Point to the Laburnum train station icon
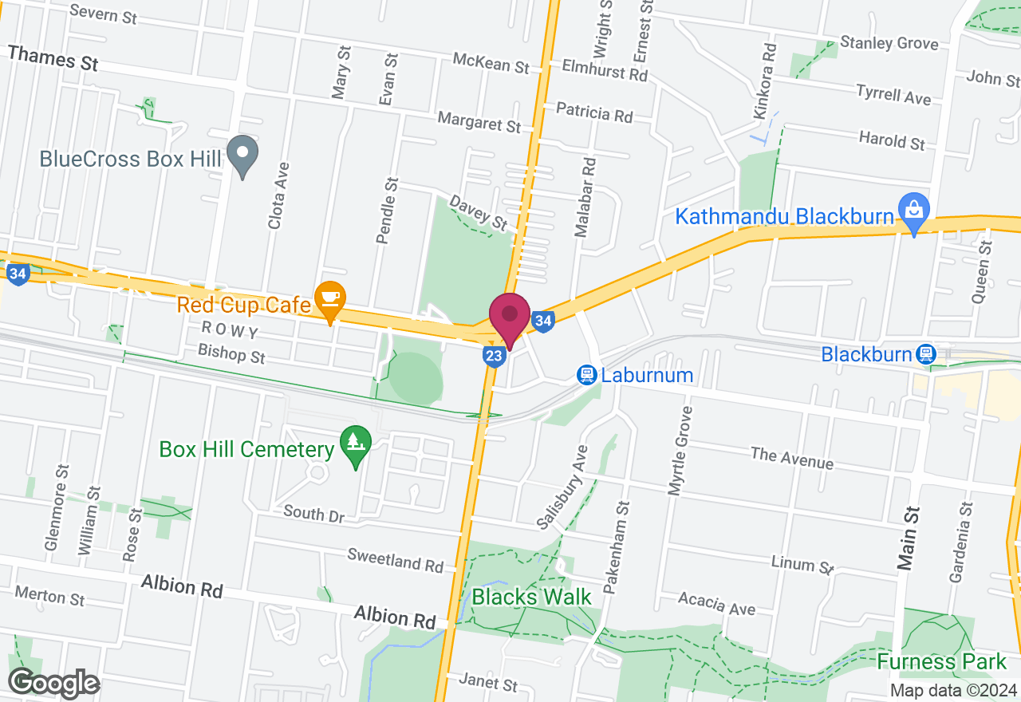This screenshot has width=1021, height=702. pos(587,375)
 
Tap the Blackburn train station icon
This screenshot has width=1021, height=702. pos(925,353)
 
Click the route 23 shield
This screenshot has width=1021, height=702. pos(495,356)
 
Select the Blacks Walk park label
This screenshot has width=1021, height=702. pos(531,596)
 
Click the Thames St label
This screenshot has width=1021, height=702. pos(53,58)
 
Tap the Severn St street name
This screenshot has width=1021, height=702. pos(103,14)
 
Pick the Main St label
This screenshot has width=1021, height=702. pos(907,538)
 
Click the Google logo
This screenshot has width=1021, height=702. pos(53,683)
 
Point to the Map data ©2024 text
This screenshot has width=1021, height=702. pos(952,690)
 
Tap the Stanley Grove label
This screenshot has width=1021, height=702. pos(890,42)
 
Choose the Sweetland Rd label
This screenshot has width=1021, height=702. pos(396,560)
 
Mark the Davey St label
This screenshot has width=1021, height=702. pos(479,212)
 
